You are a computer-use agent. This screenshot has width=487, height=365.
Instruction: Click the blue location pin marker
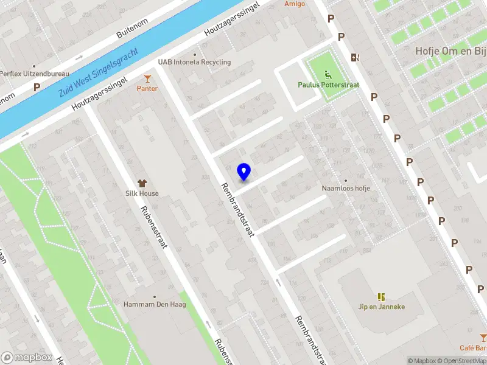pyautogui.click(x=244, y=172)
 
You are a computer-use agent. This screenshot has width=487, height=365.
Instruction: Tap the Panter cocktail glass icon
pyautogui.click(x=147, y=78)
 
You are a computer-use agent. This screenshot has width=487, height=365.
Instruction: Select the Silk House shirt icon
pyautogui.click(x=142, y=182)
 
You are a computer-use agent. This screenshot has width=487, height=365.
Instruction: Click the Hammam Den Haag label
pyautogui.click(x=155, y=304)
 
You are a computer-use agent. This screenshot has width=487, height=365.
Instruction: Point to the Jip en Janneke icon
pyautogui.click(x=382, y=297)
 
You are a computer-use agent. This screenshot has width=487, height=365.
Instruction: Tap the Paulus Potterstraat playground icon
pyautogui.click(x=328, y=75)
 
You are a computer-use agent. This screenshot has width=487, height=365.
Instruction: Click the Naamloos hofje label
pyautogui.click(x=346, y=189)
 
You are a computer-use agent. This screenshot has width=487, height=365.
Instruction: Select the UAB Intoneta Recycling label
pyautogui.click(x=194, y=62)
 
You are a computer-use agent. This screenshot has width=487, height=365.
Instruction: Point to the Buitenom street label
pyautogui.click(x=133, y=27)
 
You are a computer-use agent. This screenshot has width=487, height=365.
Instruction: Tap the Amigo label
pyautogui.click(x=295, y=4)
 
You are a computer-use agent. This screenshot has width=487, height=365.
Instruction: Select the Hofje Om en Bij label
pyautogui.click(x=450, y=51)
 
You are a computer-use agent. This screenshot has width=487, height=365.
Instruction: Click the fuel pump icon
pyautogui.click(x=355, y=57)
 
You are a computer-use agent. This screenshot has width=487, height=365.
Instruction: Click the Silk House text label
pyautogui.click(x=142, y=193)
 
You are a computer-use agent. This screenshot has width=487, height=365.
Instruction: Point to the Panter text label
pyautogui.click(x=147, y=89)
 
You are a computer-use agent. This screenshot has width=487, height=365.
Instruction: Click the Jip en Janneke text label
pyautogui.click(x=382, y=307)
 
